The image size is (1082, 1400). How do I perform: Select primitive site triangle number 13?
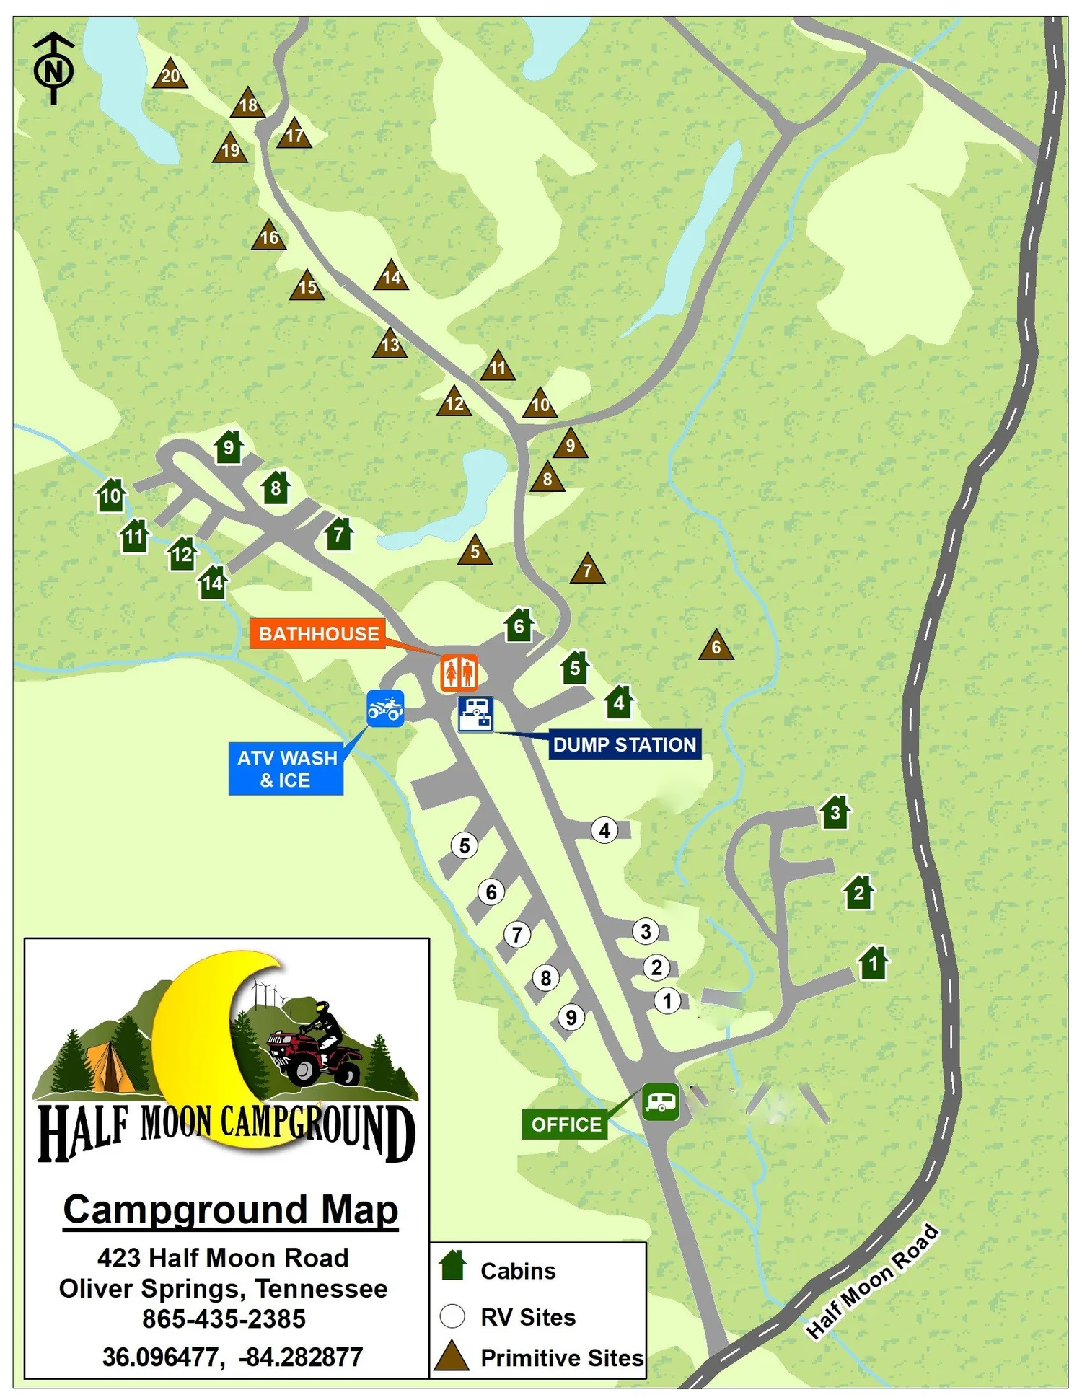click(x=390, y=344)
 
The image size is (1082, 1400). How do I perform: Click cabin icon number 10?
click(x=111, y=496)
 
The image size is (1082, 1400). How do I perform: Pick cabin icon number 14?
click(x=213, y=582)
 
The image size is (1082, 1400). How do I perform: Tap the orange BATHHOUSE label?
click(x=317, y=633)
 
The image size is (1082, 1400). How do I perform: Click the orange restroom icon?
click(x=459, y=673)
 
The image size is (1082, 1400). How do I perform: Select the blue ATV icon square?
click(x=385, y=709)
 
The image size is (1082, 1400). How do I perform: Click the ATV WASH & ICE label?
click(x=286, y=769)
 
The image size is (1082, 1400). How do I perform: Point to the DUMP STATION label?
click(x=624, y=744)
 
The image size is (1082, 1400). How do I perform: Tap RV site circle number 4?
click(x=604, y=831)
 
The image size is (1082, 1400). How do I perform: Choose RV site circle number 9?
click(x=571, y=1018)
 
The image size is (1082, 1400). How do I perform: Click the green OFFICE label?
click(x=565, y=1124)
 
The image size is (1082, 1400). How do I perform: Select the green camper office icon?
click(x=661, y=1101)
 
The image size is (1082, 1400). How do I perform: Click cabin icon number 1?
click(x=873, y=964)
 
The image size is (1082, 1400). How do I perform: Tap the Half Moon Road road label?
click(x=872, y=1281)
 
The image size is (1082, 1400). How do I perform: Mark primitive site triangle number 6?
click(x=716, y=646)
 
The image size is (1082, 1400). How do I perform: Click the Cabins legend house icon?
click(x=453, y=1265)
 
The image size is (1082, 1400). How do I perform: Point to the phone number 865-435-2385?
click(x=224, y=1318)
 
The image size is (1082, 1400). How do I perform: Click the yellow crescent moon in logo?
click(x=195, y=1039)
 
